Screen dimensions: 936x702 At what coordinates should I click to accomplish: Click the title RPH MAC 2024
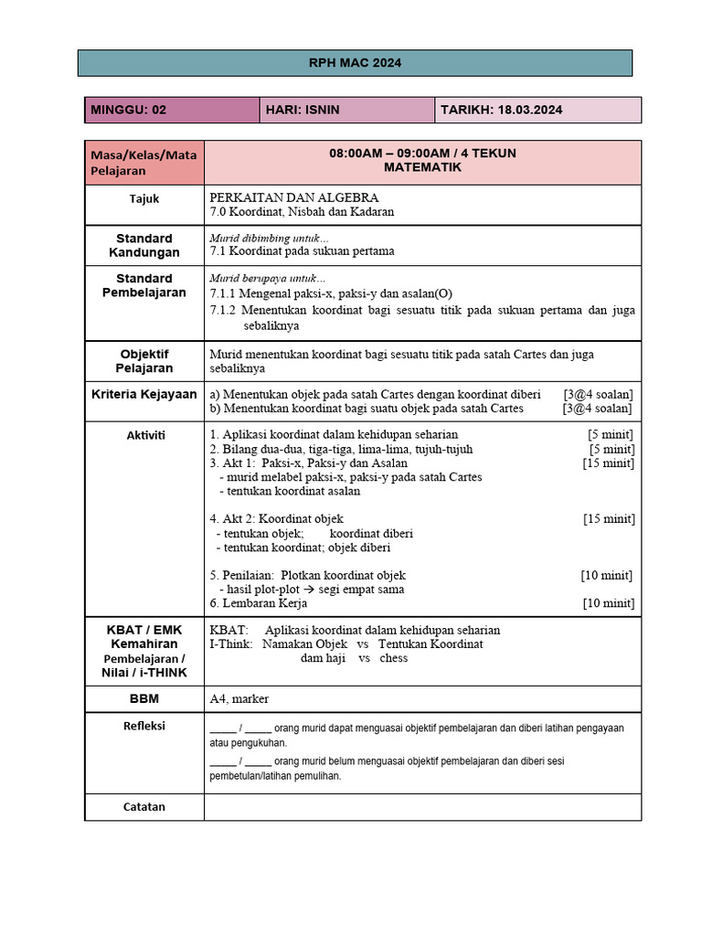[x=355, y=63]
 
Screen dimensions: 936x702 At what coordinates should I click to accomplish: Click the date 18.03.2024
[x=530, y=110]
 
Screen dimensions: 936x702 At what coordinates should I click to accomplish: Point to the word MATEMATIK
[x=422, y=167]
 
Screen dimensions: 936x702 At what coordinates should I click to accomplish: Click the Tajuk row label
[x=144, y=198]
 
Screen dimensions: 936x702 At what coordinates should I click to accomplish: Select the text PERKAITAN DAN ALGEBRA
[x=294, y=197]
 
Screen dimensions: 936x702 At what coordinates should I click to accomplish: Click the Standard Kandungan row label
[x=144, y=245]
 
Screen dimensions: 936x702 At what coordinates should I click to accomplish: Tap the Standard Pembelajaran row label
[x=144, y=285]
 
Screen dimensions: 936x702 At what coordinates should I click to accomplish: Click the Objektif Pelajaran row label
[x=144, y=360]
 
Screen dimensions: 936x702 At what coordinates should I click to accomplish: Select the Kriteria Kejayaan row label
[x=144, y=395]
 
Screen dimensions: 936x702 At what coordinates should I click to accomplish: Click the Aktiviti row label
[x=144, y=435]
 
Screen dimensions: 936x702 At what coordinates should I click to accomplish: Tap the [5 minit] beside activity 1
[x=611, y=434]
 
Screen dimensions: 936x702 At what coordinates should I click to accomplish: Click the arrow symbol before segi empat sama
[x=309, y=590]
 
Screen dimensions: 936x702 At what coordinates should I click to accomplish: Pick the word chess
[x=394, y=658]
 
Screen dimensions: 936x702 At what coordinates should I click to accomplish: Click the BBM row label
[x=144, y=699]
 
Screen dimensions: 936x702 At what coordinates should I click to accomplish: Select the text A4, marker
[x=236, y=699]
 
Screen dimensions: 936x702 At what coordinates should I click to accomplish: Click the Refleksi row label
[x=144, y=727]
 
